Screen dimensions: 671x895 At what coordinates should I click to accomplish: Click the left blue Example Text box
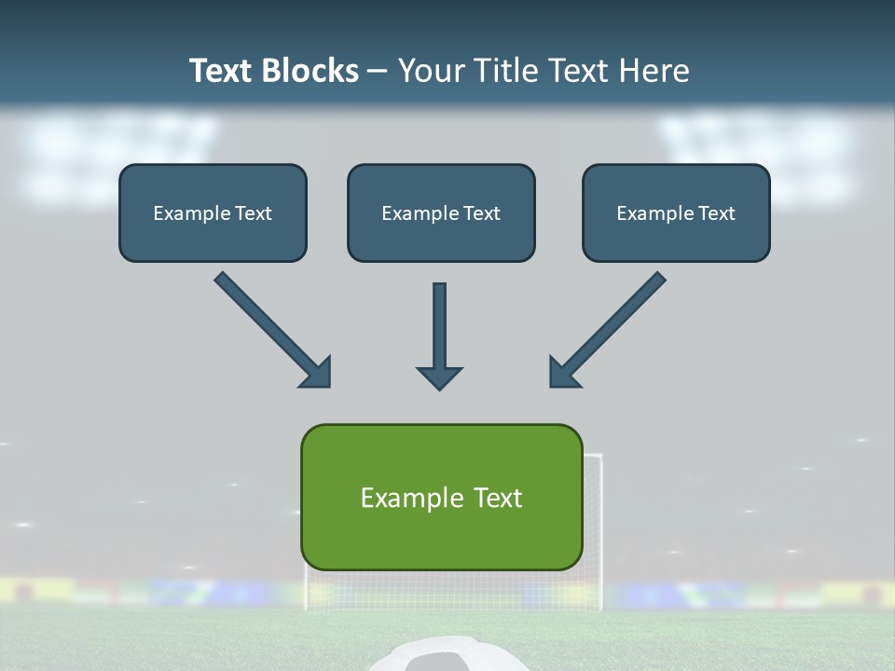tap(213, 212)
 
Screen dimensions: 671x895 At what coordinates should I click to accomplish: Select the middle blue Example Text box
tap(441, 212)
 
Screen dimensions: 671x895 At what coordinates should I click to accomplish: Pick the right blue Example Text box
tap(676, 212)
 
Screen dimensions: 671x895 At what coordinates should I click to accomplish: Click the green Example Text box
tap(441, 497)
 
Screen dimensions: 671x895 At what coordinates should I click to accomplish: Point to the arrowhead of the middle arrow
tap(439, 377)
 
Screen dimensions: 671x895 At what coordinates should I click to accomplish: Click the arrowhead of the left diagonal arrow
tap(317, 373)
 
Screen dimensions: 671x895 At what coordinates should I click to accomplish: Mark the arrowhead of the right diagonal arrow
tap(563, 373)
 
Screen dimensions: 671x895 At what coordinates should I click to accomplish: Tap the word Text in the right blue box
tap(716, 212)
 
